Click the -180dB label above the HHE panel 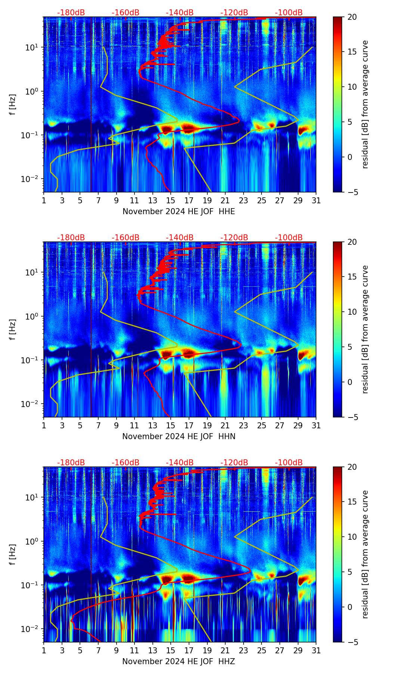point(71,13)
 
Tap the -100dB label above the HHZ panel point(289,463)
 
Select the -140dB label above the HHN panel point(180,238)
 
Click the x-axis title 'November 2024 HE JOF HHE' point(179,212)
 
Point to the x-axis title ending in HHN point(179,437)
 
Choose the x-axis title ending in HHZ point(179,662)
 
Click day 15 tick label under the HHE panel point(171,201)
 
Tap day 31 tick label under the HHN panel point(316,426)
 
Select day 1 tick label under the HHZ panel point(44,651)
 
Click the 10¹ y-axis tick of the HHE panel point(31,47)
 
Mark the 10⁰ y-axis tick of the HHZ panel point(31,541)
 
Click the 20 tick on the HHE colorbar point(352,17)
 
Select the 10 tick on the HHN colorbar point(352,312)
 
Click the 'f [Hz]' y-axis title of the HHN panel point(13,329)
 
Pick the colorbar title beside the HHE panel point(365,104)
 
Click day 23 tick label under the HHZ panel point(243,651)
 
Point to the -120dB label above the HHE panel point(234,13)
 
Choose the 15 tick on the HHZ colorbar point(352,502)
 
